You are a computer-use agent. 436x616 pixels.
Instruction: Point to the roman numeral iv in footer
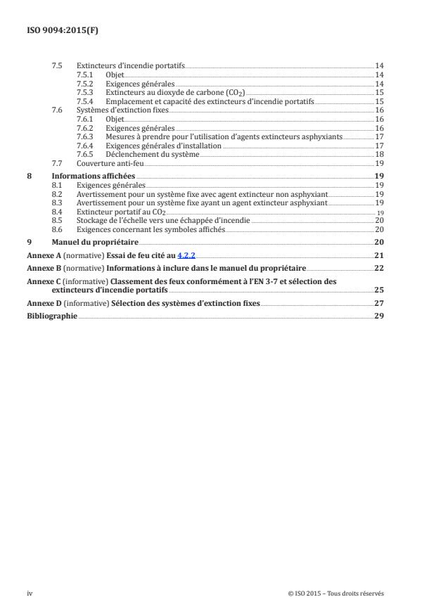30,593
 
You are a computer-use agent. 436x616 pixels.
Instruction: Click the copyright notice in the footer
336,593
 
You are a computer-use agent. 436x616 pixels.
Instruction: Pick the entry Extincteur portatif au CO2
120,211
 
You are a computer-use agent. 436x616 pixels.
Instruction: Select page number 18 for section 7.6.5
378,153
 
